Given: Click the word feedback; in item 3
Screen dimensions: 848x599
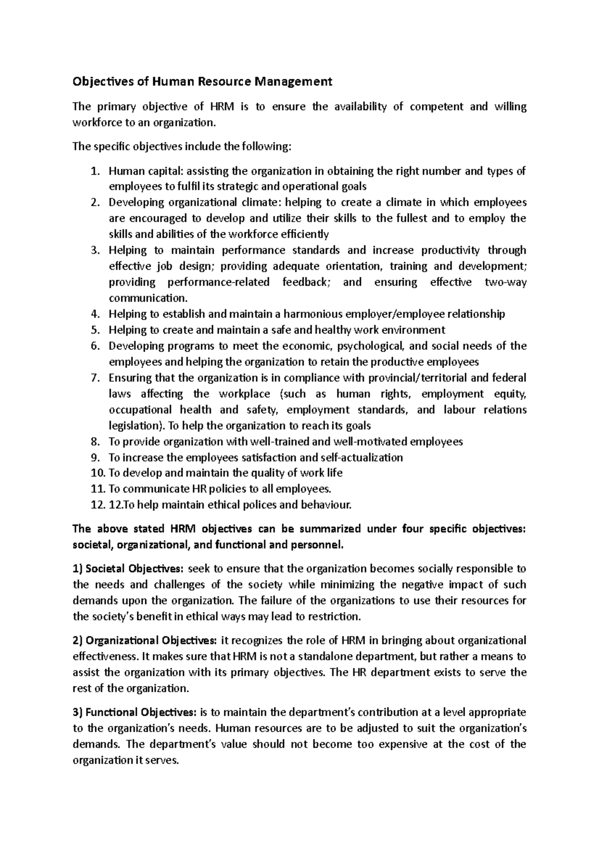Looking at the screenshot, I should (306, 282).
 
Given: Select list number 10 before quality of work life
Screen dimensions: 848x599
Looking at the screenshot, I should (98, 473).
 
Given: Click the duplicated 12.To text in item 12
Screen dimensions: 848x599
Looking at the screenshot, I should (122, 505).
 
